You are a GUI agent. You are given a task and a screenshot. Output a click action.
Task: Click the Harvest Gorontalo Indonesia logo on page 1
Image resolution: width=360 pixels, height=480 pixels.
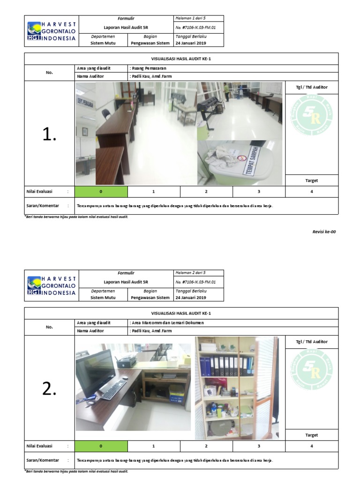(52, 31)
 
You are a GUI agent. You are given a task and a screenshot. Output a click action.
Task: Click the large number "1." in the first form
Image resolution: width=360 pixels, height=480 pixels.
(49, 135)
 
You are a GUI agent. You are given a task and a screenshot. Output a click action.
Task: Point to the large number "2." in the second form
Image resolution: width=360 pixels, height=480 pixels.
(49, 389)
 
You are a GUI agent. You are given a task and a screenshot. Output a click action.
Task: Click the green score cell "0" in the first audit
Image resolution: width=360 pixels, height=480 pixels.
(101, 192)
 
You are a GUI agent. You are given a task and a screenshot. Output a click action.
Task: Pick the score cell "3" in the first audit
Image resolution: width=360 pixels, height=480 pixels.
(258, 192)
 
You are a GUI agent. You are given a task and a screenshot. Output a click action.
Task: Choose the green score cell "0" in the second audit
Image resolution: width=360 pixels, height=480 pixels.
(101, 446)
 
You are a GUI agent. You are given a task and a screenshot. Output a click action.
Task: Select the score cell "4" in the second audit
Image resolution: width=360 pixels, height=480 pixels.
(312, 446)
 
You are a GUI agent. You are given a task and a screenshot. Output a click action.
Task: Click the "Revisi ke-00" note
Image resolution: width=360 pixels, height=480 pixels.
(324, 232)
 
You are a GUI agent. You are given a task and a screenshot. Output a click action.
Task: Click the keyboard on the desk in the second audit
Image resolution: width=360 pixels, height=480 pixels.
(114, 390)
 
